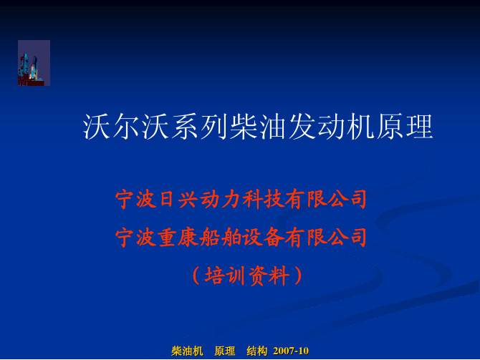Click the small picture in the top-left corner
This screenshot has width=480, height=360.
[34, 63]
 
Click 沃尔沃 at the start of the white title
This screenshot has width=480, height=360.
[126, 127]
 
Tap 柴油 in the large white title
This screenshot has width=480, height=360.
[258, 127]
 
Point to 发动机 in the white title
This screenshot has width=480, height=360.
[331, 127]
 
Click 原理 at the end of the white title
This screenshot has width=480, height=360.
[404, 127]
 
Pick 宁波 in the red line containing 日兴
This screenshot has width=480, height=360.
[135, 199]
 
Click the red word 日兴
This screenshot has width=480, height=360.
[178, 199]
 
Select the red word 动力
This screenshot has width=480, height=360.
[221, 199]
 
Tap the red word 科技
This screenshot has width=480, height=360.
[263, 199]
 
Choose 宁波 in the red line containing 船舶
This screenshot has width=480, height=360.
[135, 237]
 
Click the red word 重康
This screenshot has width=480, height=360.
[178, 237]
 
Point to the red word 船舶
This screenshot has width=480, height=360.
[221, 237]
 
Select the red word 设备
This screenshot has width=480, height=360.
[263, 237]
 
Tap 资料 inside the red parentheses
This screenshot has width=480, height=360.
[269, 276]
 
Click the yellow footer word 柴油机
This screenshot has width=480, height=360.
[187, 351]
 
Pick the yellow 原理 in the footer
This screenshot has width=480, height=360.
[225, 351]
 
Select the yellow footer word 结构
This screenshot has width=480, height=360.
[257, 351]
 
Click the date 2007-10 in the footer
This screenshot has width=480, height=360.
[291, 351]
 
